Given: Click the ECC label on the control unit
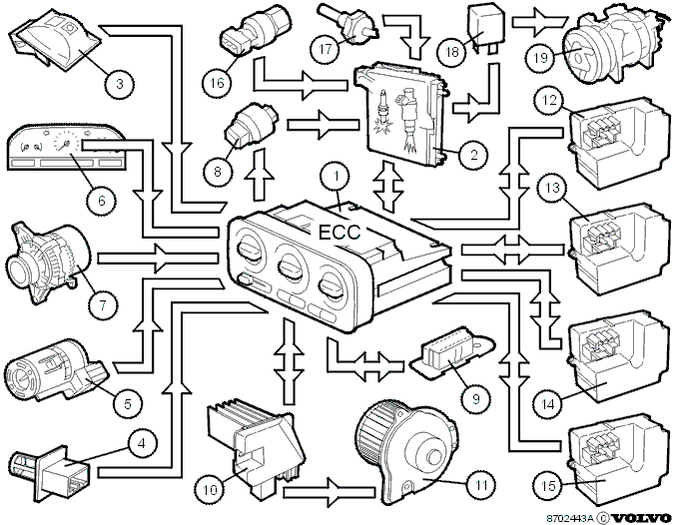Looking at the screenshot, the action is pyautogui.click(x=339, y=233).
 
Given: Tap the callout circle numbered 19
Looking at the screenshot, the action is pyautogui.click(x=540, y=57).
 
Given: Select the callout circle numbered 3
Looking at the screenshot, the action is pyautogui.click(x=120, y=83).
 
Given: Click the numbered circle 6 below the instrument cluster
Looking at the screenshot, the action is pyautogui.click(x=102, y=201).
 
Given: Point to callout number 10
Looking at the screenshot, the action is pyautogui.click(x=211, y=489).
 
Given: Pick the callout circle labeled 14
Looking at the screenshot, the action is pyautogui.click(x=548, y=404).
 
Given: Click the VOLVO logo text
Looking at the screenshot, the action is pyautogui.click(x=641, y=517).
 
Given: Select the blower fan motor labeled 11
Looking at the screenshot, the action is pyautogui.click(x=407, y=455).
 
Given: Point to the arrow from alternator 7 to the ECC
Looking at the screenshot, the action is pyautogui.click(x=159, y=259).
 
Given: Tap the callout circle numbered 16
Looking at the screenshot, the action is pyautogui.click(x=218, y=82).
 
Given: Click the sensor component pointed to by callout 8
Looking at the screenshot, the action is pyautogui.click(x=251, y=126).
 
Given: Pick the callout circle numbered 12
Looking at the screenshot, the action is pyautogui.click(x=550, y=101).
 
